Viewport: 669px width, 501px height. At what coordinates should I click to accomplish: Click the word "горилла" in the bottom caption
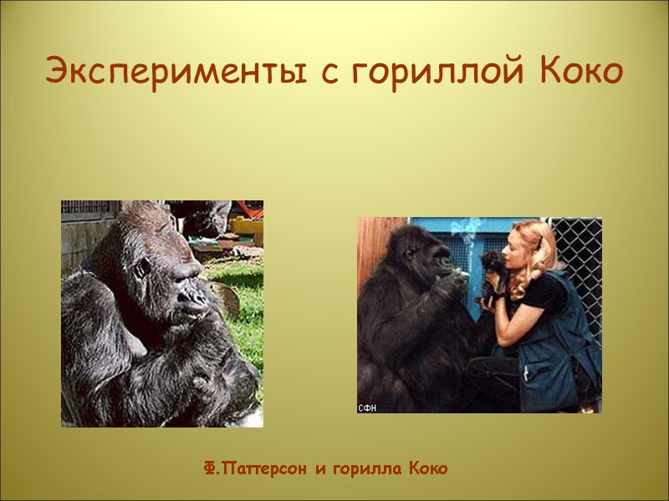tap(364, 469)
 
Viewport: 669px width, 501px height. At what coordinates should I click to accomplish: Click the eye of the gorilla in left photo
tap(145, 270)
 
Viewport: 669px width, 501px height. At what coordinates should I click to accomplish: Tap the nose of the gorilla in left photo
tap(194, 296)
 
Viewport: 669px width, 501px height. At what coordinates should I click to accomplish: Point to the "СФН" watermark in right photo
tap(368, 407)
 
